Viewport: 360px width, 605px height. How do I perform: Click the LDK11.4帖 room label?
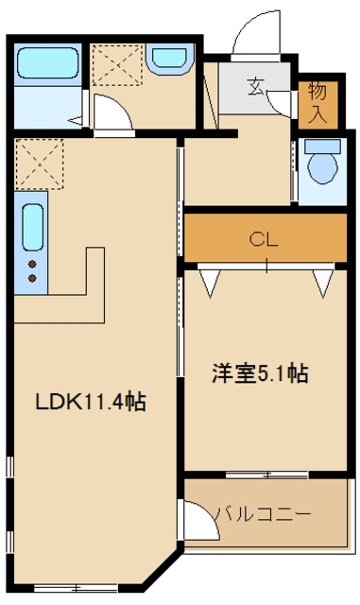pos(91,402)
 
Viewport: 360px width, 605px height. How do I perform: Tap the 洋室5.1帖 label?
pos(260,373)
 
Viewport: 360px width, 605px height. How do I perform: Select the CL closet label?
pos(264,240)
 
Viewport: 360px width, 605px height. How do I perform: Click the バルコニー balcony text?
pos(263,514)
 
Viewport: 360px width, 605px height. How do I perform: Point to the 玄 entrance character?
pos(255,86)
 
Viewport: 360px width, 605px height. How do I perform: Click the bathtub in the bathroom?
pos(48,63)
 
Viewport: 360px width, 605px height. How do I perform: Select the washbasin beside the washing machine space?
pos(170,59)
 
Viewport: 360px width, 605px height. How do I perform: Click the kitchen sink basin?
pos(32,227)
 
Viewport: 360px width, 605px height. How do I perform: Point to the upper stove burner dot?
pos(32,265)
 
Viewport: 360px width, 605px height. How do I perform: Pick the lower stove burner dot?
pos(32,278)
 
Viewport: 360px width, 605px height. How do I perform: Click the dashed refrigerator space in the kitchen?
pos(40,164)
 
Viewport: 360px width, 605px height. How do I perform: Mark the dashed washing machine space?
pos(117,64)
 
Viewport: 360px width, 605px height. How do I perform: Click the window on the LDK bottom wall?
pos(76,588)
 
